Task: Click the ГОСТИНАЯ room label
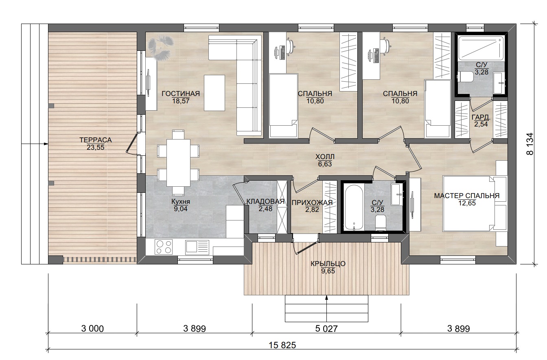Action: [181, 94]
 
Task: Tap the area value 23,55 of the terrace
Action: [96, 147]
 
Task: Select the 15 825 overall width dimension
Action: [282, 345]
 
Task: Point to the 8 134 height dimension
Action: [530, 144]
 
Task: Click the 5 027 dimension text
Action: [326, 329]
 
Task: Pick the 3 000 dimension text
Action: [92, 329]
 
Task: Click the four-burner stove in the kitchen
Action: [163, 247]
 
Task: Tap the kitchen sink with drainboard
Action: [197, 247]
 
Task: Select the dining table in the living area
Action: [178, 163]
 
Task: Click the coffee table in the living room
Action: [214, 93]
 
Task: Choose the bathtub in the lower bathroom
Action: [354, 207]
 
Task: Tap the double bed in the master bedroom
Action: [468, 203]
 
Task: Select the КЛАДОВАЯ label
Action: [265, 202]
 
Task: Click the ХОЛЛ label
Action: [325, 157]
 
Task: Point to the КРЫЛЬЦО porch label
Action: [328, 264]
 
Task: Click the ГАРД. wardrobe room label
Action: [481, 118]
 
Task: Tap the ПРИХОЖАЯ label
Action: [312, 203]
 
